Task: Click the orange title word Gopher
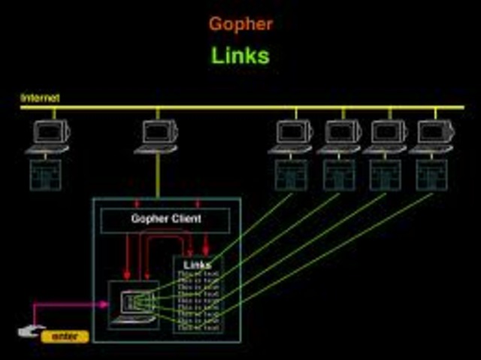coord(240,23)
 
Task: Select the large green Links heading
coord(240,56)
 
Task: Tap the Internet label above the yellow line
coord(40,98)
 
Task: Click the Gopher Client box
coord(166,219)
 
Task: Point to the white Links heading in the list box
coord(198,265)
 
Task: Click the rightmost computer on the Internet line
coord(434,136)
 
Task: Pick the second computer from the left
coord(158,136)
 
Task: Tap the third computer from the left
coord(292,136)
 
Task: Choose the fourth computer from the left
coord(340,136)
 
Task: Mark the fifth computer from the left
coord(386,136)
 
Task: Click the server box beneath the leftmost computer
coord(47,174)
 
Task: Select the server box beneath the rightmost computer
coord(432,174)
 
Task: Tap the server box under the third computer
coord(291,174)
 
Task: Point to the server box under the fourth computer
coord(339,174)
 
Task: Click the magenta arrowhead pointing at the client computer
coord(104,304)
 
